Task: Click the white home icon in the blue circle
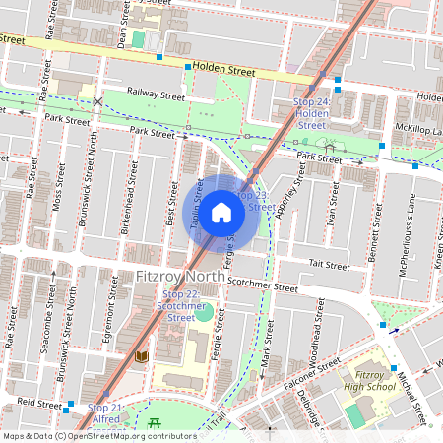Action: click(x=221, y=213)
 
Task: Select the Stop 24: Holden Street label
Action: click(x=311, y=113)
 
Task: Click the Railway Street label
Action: click(x=156, y=96)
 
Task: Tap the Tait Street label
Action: click(x=329, y=265)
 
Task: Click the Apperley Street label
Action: click(x=291, y=193)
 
